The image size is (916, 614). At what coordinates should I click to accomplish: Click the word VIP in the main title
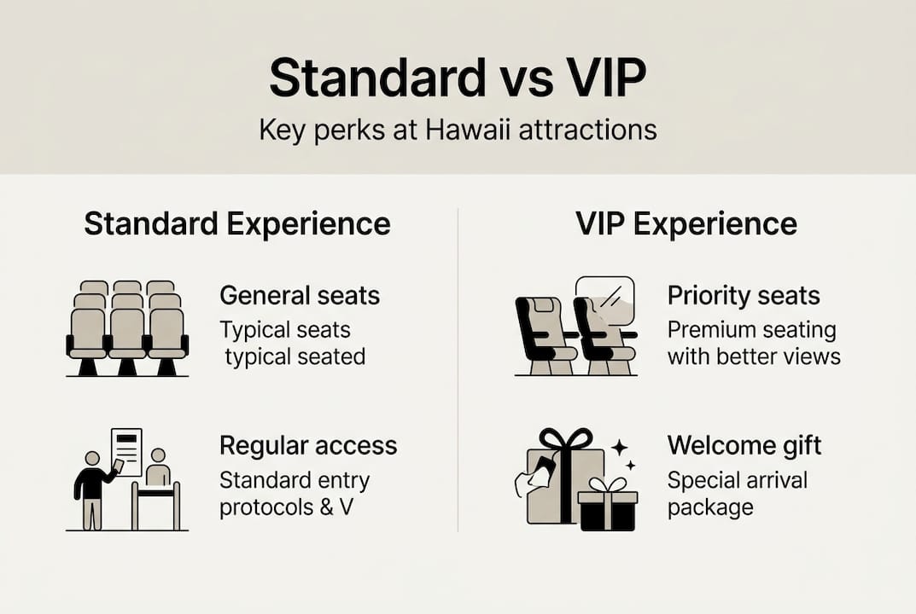[x=598, y=79]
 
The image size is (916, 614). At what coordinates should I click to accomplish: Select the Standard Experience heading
[x=237, y=223]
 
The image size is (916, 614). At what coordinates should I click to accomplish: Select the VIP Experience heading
[x=686, y=223]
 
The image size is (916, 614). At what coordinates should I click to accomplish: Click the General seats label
[x=300, y=296]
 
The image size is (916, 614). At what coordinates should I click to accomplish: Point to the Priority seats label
[x=744, y=296]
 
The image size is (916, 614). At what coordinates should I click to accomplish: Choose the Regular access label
[x=308, y=445]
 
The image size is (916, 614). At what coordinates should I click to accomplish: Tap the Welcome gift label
[x=744, y=445]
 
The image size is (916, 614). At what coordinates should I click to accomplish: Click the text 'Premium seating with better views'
[x=753, y=343]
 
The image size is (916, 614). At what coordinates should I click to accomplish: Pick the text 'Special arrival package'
[x=737, y=494]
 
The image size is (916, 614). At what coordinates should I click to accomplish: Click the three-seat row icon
[x=127, y=328]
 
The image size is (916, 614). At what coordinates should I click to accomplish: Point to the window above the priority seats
[x=605, y=301]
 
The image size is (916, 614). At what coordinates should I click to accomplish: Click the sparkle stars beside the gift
[x=623, y=455]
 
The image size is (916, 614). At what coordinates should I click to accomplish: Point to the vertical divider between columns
[x=458, y=367]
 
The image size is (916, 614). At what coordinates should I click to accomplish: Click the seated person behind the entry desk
[x=157, y=469]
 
